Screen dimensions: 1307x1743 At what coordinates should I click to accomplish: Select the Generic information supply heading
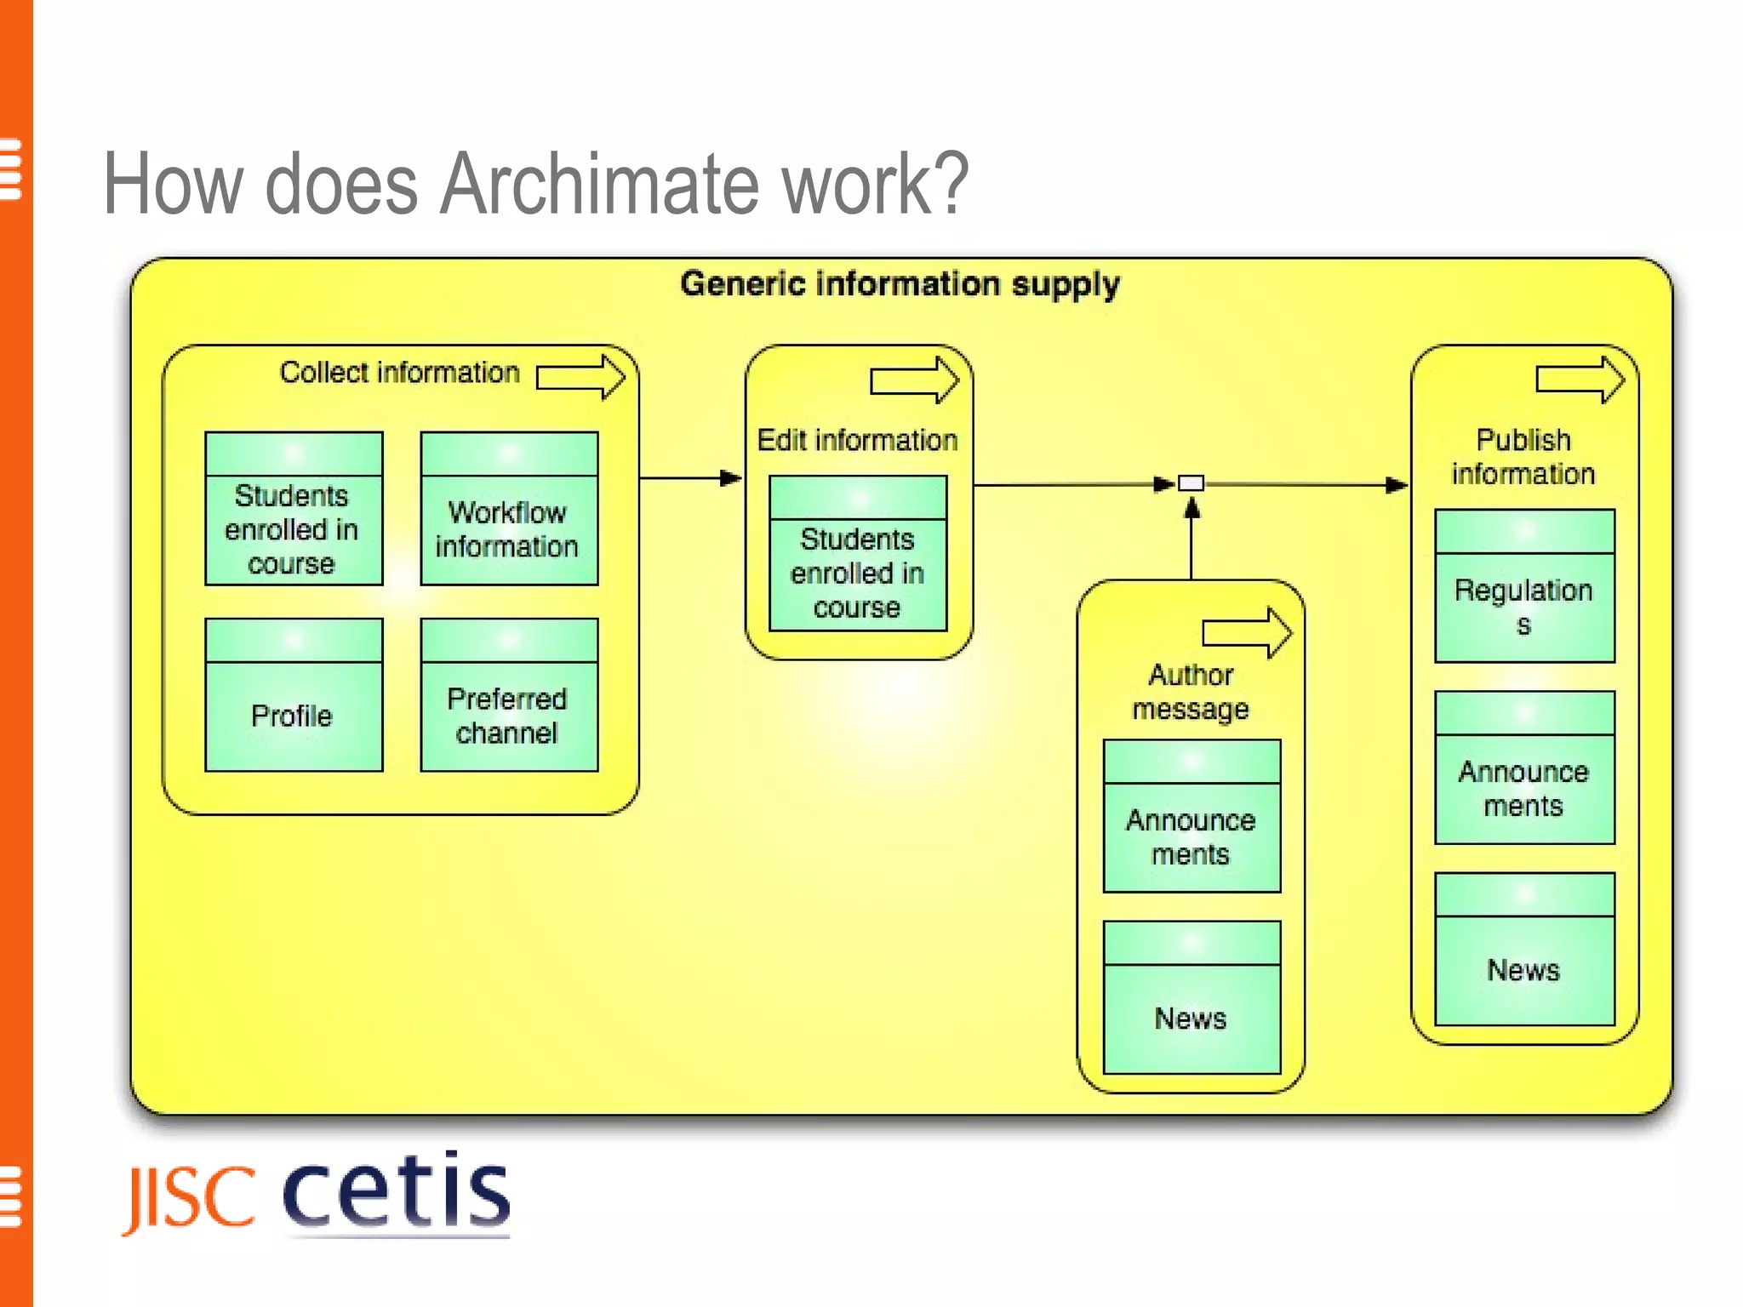pyautogui.click(x=900, y=284)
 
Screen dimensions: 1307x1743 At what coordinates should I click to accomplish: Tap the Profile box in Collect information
pyautogui.click(x=294, y=695)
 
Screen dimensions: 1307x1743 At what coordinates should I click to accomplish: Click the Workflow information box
pyautogui.click(x=509, y=509)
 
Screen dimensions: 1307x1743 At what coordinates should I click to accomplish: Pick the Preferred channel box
pyautogui.click(x=509, y=695)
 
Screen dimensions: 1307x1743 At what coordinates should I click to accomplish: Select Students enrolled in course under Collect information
pyautogui.click(x=294, y=509)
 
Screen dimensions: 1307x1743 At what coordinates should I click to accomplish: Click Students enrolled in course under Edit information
pyautogui.click(x=857, y=554)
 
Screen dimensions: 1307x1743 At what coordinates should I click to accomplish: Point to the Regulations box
pyautogui.click(x=1523, y=586)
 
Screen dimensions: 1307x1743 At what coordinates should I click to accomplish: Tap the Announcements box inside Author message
pyautogui.click(x=1191, y=816)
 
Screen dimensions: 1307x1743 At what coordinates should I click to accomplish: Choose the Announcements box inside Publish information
pyautogui.click(x=1523, y=768)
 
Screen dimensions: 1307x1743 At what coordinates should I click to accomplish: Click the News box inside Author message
pyautogui.click(x=1191, y=997)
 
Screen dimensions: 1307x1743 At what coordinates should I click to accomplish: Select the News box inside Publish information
pyautogui.click(x=1523, y=949)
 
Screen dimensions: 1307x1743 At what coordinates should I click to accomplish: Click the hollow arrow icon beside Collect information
pyautogui.click(x=580, y=377)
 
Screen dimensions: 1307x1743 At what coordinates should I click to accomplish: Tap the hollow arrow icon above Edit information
pyautogui.click(x=914, y=380)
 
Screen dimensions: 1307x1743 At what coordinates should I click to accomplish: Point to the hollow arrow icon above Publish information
pyautogui.click(x=1580, y=380)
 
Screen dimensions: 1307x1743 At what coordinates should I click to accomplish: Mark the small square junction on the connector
pyautogui.click(x=1191, y=484)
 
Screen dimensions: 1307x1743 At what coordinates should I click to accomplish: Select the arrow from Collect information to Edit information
pyautogui.click(x=689, y=478)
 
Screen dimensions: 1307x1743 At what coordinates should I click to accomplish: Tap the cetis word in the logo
pyautogui.click(x=396, y=1191)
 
